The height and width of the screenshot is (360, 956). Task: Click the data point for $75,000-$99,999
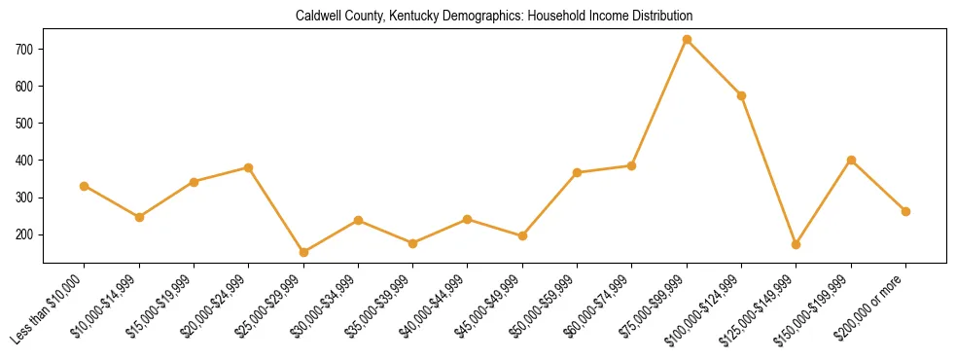(x=687, y=40)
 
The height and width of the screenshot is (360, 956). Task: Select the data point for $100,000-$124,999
(x=741, y=95)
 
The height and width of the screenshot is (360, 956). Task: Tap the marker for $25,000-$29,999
(x=303, y=252)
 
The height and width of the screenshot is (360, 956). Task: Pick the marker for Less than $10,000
(x=85, y=186)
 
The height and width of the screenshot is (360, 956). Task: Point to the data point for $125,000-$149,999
(x=796, y=244)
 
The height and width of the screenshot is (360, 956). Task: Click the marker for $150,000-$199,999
(x=851, y=160)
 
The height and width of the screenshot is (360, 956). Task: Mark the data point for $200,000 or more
(x=905, y=211)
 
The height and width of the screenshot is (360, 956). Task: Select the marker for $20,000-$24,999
(x=248, y=167)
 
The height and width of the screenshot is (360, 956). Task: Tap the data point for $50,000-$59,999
(x=577, y=172)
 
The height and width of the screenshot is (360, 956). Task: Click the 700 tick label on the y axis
(x=25, y=49)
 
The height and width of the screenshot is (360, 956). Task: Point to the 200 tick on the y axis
(x=25, y=234)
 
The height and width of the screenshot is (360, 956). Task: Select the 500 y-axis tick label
(x=25, y=124)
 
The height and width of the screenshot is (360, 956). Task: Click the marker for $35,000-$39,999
(x=412, y=243)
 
